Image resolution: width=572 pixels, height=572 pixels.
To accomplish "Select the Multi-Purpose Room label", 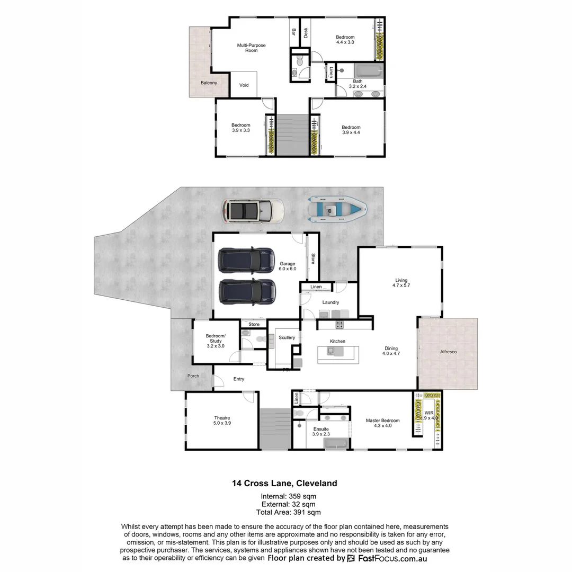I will [251, 48].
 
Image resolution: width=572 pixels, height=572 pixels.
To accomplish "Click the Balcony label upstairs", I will [209, 83].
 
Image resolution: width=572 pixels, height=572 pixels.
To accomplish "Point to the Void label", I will [244, 85].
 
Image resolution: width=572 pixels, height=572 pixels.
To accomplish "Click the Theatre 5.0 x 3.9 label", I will [222, 421].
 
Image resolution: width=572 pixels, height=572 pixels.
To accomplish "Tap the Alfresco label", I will [448, 352].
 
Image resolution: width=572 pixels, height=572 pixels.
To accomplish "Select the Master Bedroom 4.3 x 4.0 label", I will [382, 423].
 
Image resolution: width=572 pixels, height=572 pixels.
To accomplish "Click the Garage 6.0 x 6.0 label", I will [288, 266].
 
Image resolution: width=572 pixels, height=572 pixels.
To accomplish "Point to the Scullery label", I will [287, 338].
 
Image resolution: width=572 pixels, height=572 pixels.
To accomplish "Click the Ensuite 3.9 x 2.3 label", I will [321, 432].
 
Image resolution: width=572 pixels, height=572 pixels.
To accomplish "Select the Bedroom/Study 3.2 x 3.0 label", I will [216, 341].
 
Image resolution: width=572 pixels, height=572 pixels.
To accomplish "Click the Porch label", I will [193, 377].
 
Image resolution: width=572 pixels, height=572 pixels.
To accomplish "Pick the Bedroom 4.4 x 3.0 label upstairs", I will [345, 40].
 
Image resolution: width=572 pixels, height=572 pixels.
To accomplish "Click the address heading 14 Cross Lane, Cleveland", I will [284, 483].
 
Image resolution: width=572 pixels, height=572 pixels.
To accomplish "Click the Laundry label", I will [330, 302].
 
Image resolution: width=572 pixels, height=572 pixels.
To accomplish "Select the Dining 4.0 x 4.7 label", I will [391, 351].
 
